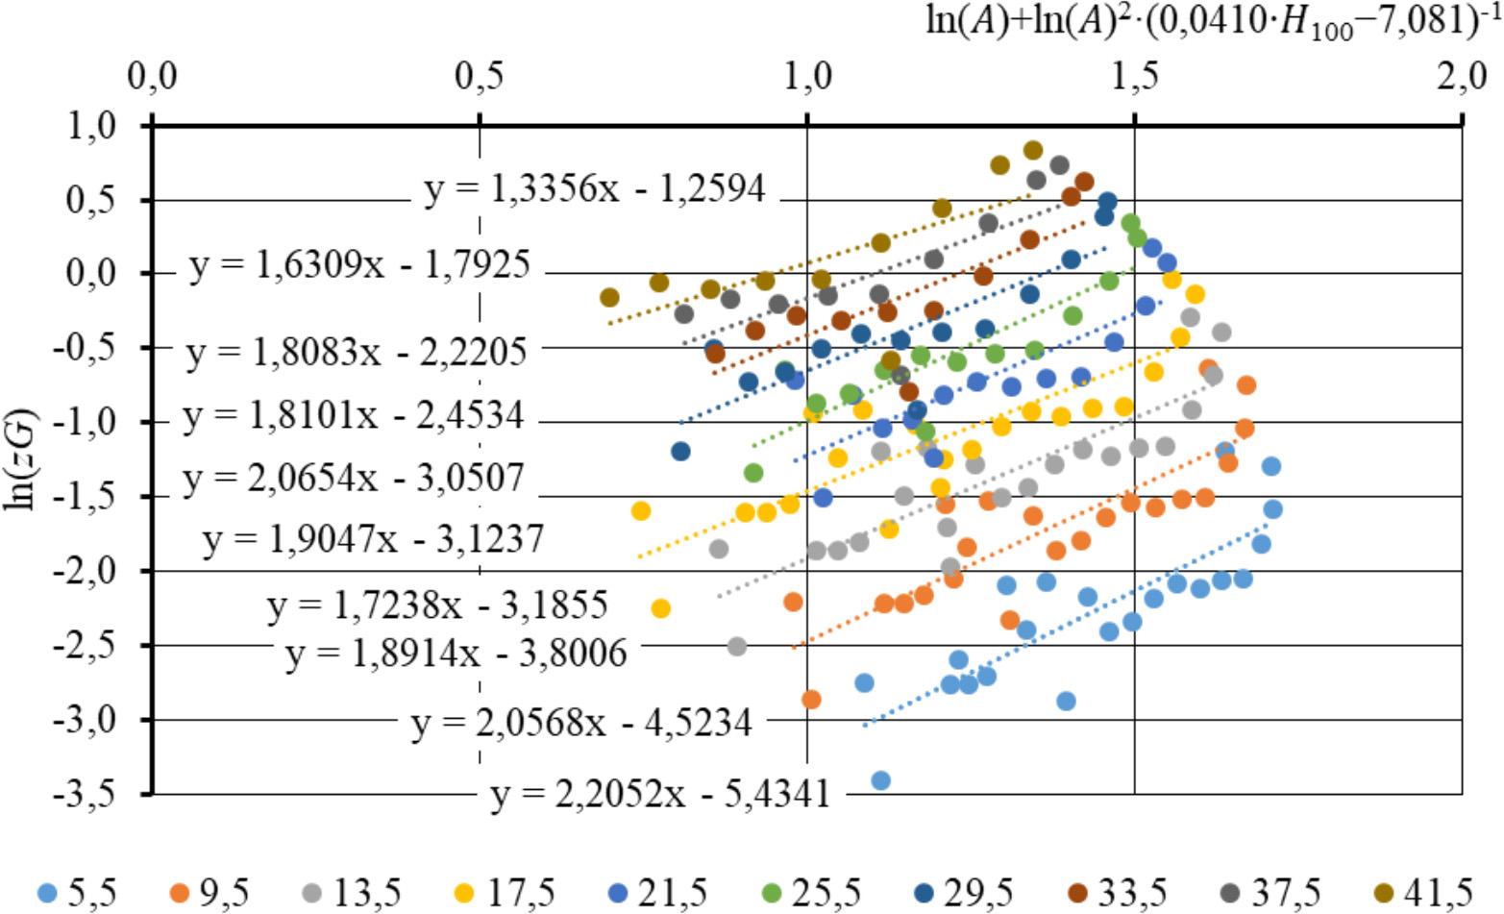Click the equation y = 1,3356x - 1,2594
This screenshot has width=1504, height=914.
click(595, 189)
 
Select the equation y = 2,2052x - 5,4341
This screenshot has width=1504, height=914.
click(658, 795)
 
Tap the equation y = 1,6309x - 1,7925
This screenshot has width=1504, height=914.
click(359, 265)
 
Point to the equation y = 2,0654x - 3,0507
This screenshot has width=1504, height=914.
click(354, 478)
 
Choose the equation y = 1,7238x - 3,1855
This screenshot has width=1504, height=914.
click(437, 606)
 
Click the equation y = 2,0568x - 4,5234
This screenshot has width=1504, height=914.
click(581, 723)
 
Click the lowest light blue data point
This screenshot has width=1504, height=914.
click(880, 780)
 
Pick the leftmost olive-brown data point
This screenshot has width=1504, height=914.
click(608, 297)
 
